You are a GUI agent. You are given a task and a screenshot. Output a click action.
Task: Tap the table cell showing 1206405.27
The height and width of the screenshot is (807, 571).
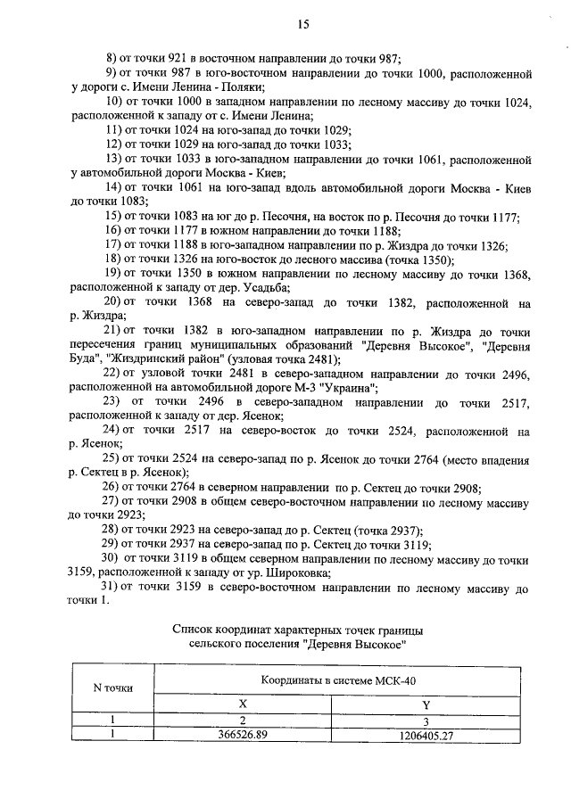(425, 736)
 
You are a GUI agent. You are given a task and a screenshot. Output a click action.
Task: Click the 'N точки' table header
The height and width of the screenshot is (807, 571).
(113, 688)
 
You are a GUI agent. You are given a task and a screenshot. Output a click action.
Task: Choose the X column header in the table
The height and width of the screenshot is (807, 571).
(243, 704)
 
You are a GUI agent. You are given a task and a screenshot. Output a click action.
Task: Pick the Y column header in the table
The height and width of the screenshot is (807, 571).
(425, 704)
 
